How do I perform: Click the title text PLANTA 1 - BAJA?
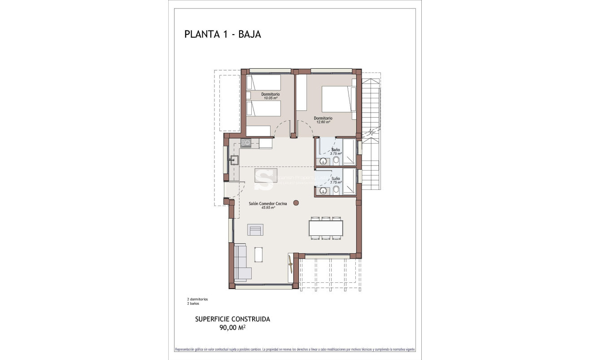click(223, 35)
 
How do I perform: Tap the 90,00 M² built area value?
click(232, 328)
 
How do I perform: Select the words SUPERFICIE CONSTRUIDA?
click(232, 319)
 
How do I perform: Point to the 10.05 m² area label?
click(270, 98)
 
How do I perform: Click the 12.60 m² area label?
click(323, 122)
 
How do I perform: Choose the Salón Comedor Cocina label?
click(268, 203)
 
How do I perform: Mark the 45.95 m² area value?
click(268, 207)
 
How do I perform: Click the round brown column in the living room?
click(296, 203)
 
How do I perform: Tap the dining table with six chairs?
click(326, 228)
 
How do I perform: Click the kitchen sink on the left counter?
click(234, 159)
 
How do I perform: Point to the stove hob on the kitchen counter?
click(245, 143)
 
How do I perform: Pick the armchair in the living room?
click(256, 230)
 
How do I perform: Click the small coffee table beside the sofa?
click(259, 255)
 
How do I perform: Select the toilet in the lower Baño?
click(336, 191)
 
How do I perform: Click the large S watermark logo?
click(263, 178)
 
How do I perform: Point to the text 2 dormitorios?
click(197, 299)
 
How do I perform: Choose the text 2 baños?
click(193, 303)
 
